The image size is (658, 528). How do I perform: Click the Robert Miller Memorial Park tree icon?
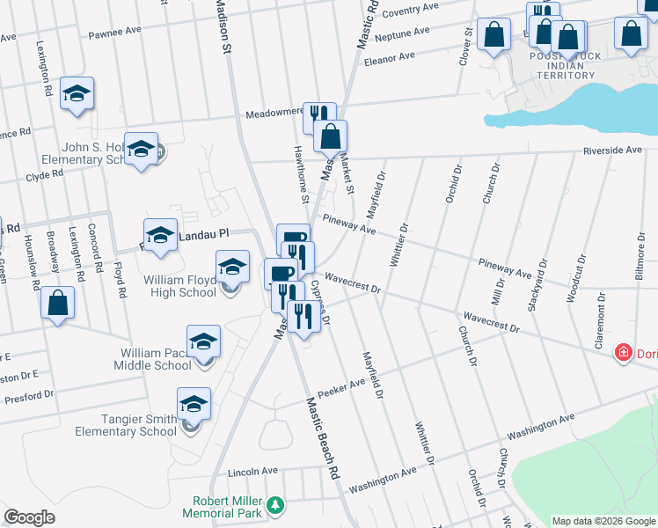tap(276, 504)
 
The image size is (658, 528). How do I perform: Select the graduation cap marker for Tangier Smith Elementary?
tap(194, 404)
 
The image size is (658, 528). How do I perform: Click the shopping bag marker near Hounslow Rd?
tap(57, 303)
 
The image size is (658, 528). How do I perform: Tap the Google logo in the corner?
tap(29, 517)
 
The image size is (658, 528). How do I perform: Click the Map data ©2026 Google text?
tap(603, 521)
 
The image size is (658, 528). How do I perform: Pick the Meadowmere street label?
tap(274, 113)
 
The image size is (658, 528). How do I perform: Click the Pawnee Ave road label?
tap(114, 33)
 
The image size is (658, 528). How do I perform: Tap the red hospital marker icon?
tap(624, 353)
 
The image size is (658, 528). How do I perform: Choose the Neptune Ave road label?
tap(402, 34)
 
